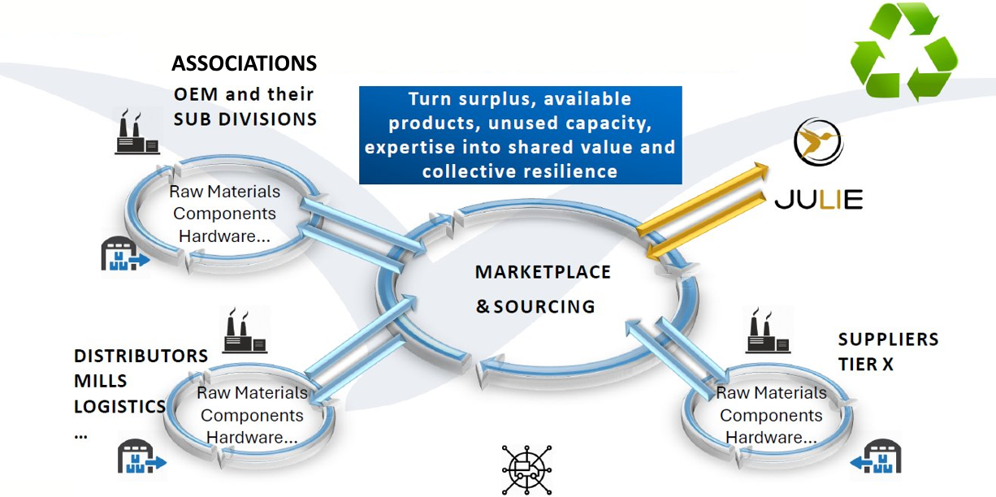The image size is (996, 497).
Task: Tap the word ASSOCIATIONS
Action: [x=244, y=63]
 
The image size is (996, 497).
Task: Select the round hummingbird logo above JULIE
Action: [x=817, y=143]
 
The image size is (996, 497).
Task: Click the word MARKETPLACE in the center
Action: [x=543, y=272]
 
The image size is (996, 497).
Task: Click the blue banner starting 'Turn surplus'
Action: [x=520, y=135]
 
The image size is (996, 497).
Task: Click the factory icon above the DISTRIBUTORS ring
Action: [x=245, y=331]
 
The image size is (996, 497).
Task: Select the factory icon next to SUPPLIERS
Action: [x=768, y=331]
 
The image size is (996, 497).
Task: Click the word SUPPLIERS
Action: [x=888, y=339]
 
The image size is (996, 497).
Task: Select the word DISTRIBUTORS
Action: [x=141, y=356]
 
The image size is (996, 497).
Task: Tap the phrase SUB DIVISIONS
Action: [x=245, y=119]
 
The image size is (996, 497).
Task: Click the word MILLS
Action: [x=101, y=381]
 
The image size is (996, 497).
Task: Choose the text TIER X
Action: [x=865, y=365]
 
